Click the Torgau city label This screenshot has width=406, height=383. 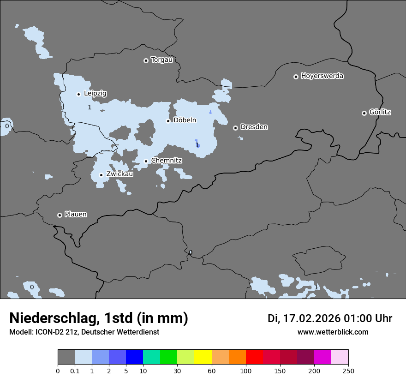[161, 60]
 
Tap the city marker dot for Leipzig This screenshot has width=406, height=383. [78, 94]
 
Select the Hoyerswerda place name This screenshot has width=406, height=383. [322, 76]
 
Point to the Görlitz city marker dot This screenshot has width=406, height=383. [364, 113]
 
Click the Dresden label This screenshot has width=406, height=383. [254, 127]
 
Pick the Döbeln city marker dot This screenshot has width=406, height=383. [168, 121]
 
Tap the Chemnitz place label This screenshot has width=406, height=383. [167, 161]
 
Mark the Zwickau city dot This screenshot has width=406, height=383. [101, 175]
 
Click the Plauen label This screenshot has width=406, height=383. [76, 215]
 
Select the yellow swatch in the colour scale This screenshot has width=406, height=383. [203, 357]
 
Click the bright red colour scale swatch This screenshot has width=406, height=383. [254, 357]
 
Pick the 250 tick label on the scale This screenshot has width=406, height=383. [348, 371]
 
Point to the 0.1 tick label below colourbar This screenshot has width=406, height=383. [75, 371]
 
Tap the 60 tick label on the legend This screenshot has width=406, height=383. [211, 371]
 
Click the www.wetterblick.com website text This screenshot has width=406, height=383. [333, 332]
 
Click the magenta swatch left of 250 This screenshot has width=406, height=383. [322, 357]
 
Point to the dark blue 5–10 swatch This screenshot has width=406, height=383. [134, 357]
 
